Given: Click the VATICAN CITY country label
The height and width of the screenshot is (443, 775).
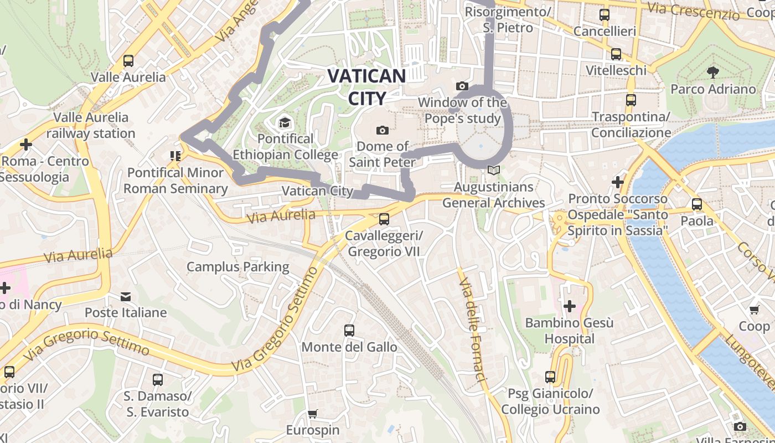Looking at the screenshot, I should (x=366, y=86).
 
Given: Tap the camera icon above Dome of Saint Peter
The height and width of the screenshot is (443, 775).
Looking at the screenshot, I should (x=382, y=130).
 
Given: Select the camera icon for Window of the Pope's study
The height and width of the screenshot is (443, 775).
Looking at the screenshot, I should (x=462, y=86).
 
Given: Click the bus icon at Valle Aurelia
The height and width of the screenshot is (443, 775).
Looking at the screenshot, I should (x=128, y=60).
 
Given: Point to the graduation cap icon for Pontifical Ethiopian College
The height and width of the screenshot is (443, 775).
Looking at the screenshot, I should (x=285, y=122).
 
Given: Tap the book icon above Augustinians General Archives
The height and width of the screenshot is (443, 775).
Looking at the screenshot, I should (x=493, y=171).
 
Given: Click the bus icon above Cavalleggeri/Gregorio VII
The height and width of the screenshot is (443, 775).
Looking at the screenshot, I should (x=384, y=219).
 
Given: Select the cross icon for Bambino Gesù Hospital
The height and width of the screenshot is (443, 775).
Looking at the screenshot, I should (x=569, y=306).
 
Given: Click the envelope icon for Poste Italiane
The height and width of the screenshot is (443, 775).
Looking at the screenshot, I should (x=126, y=297).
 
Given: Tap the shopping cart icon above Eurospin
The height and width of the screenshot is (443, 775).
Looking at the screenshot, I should (x=313, y=414).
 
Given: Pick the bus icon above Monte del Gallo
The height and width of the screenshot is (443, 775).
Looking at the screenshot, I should (x=349, y=331).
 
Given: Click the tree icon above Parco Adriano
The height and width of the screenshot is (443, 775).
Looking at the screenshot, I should (x=712, y=72).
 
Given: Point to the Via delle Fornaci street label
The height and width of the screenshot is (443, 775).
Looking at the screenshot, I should (x=472, y=329).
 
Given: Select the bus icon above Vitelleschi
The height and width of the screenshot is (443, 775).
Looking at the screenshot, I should (x=616, y=54).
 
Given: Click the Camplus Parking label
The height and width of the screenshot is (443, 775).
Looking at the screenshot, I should (x=237, y=267).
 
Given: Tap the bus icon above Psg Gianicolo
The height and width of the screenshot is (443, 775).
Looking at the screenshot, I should (x=550, y=377).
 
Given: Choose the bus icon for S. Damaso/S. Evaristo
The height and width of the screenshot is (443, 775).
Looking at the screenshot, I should (x=157, y=380).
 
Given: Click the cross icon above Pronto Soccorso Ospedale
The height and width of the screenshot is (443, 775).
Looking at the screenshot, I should (x=618, y=182).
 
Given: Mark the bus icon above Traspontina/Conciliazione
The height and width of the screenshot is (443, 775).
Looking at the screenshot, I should (x=631, y=100).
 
